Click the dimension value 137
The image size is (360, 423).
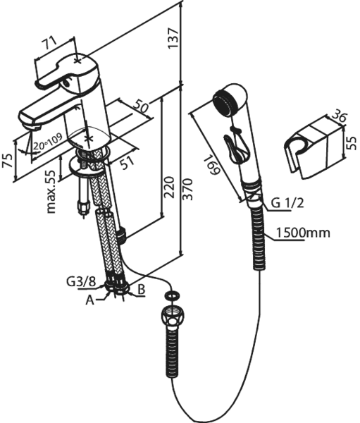point(173,38)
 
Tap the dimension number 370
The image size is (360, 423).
point(187,190)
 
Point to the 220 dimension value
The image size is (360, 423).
point(169,188)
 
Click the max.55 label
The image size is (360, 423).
point(51,192)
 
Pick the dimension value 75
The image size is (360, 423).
point(8,161)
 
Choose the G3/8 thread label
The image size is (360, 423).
point(81,282)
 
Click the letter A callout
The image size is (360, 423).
point(90,300)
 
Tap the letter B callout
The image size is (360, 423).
point(142,290)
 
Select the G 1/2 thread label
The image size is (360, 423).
point(287,203)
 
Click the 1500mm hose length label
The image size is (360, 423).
point(303,233)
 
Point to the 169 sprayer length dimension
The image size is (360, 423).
point(212,164)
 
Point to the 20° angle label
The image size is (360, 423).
point(39,146)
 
